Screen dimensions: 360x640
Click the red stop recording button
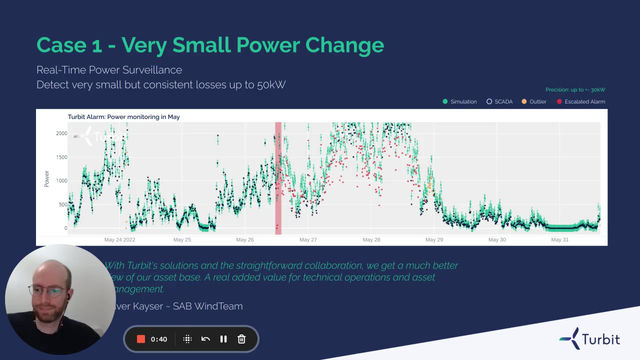tap(141, 340)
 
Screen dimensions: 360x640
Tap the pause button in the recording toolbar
tap(223, 340)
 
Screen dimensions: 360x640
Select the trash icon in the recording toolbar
tap(242, 340)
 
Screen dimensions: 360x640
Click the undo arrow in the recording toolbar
tap(205, 340)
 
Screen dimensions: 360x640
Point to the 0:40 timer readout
tap(159, 340)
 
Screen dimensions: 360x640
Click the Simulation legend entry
tap(462, 102)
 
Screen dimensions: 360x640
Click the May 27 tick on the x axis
tap(308, 240)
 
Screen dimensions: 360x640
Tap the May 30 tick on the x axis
tap(497, 240)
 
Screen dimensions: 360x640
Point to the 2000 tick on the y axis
tap(61, 133)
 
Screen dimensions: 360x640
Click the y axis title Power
tap(46, 179)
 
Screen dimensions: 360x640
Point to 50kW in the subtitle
tap(268, 84)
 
